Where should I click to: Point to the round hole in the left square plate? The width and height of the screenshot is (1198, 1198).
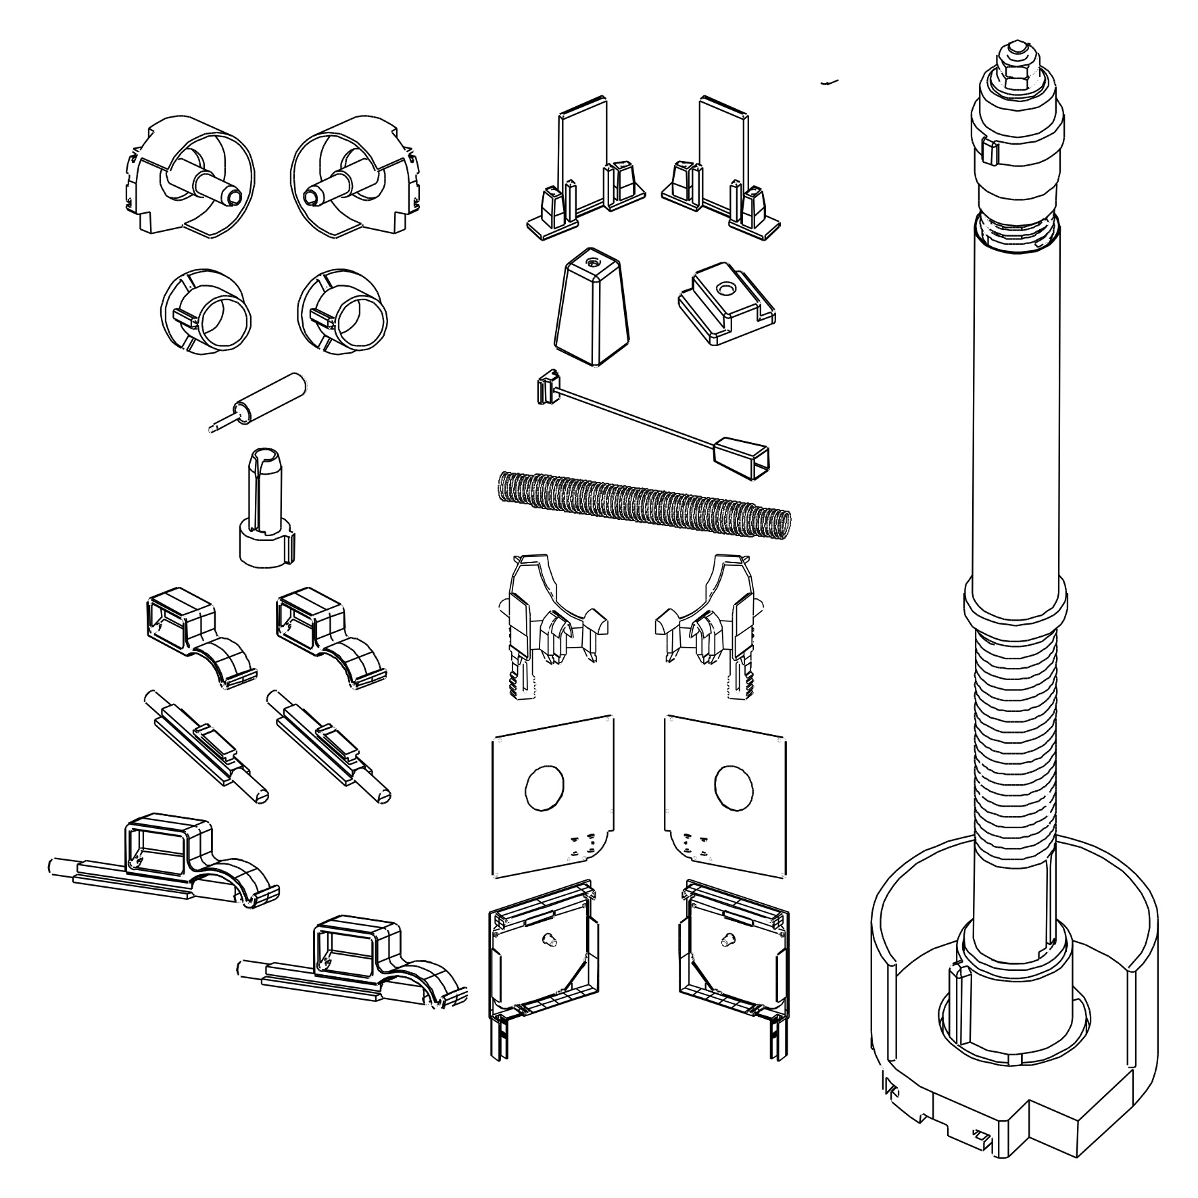(544, 787)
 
